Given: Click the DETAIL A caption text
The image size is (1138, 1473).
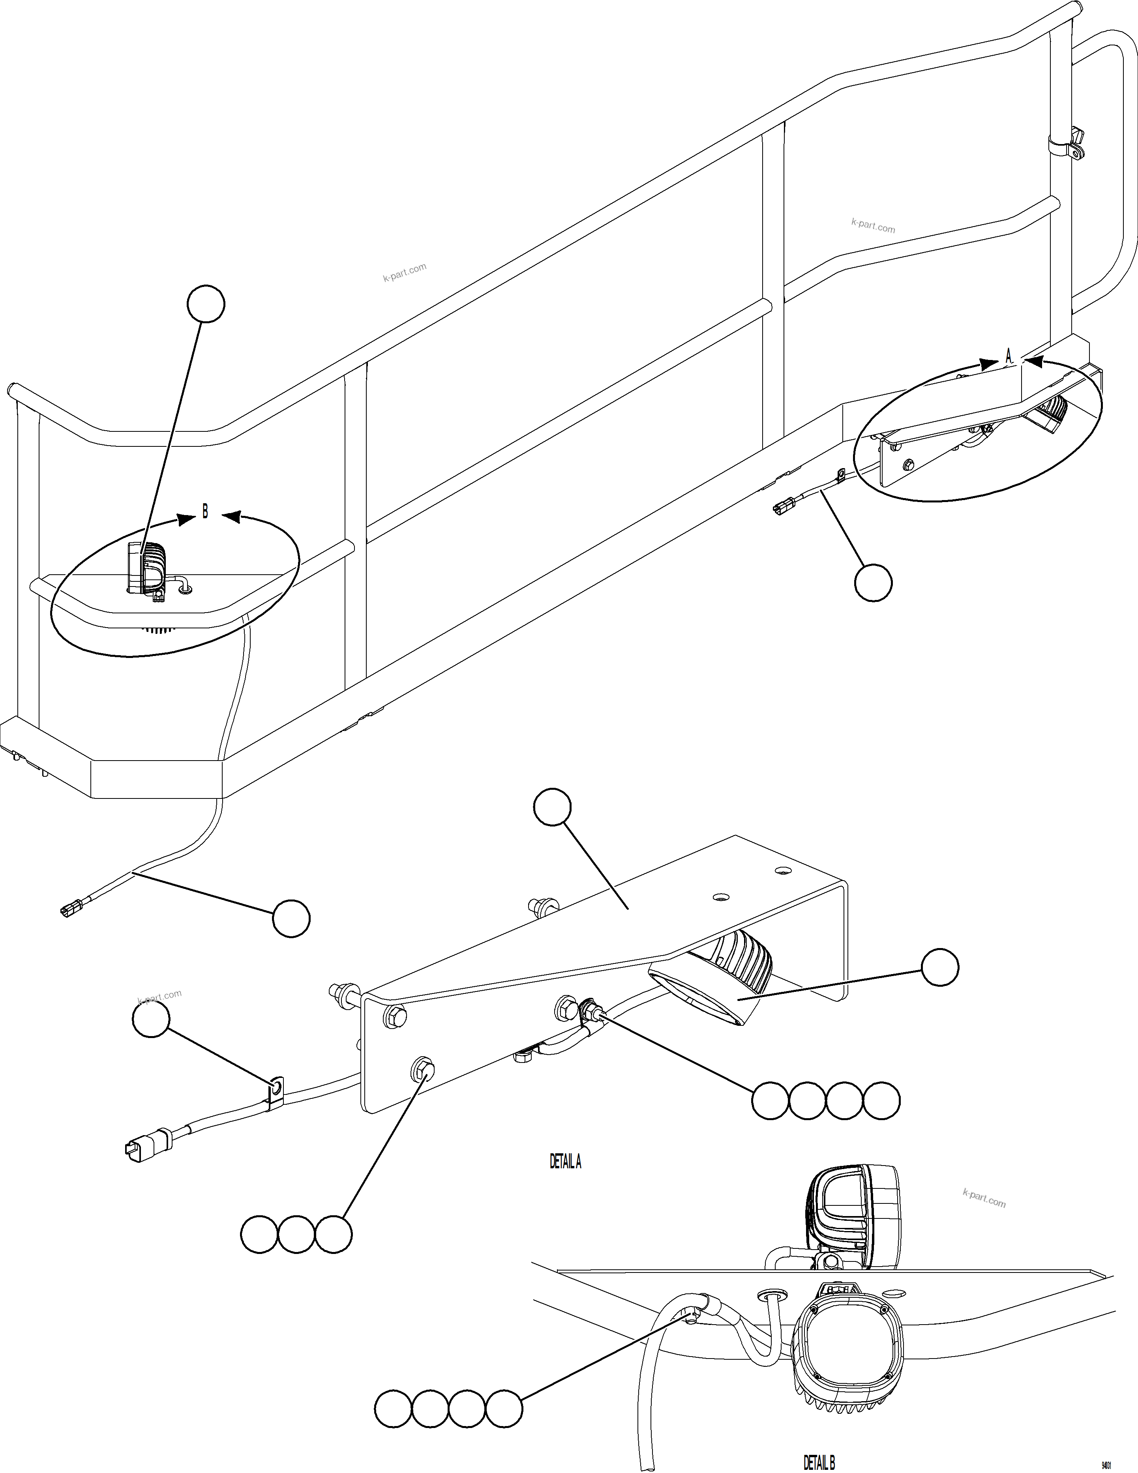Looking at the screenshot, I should tap(565, 1162).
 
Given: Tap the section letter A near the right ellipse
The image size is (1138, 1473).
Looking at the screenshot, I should tap(1009, 356).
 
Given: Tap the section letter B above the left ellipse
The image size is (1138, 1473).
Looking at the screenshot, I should tap(205, 512).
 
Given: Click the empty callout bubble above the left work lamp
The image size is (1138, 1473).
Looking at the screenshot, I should tap(206, 304).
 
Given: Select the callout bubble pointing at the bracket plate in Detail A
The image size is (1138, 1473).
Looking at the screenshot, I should tap(552, 807).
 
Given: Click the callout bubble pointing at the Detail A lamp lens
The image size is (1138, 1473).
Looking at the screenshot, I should tap(940, 967).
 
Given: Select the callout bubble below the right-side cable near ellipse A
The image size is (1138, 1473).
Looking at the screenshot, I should tap(873, 582).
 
